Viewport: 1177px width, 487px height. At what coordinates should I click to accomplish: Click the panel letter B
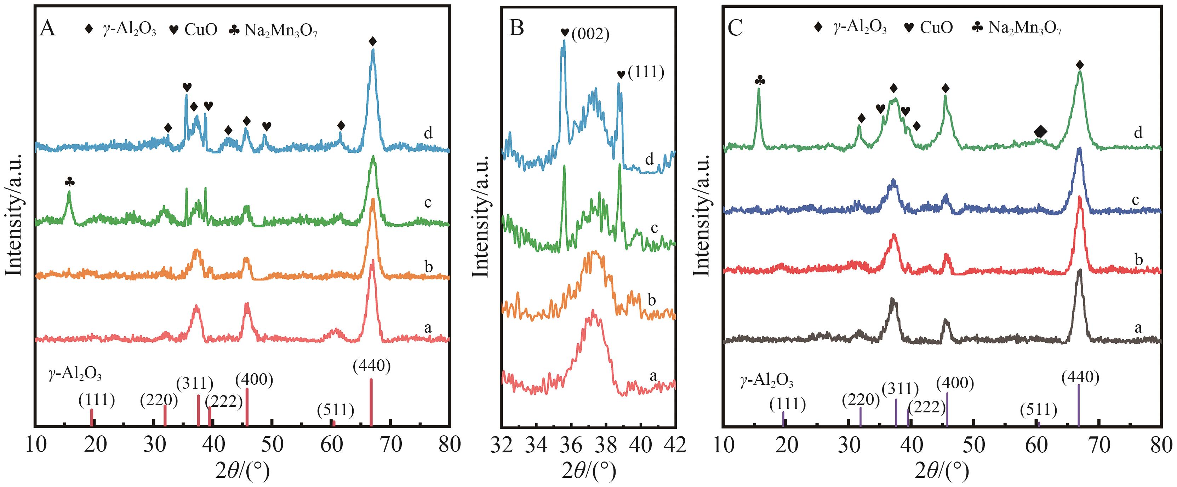pyautogui.click(x=516, y=28)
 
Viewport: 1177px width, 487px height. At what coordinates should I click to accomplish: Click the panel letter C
pyautogui.click(x=735, y=28)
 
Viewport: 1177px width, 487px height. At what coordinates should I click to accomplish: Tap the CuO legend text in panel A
pyautogui.click(x=201, y=30)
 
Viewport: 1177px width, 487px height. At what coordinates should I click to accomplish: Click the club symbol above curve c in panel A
pyautogui.click(x=69, y=182)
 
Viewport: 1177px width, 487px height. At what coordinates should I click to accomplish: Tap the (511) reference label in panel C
pyautogui.click(x=1039, y=410)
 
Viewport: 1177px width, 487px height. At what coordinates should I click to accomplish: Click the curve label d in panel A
pyautogui.click(x=428, y=133)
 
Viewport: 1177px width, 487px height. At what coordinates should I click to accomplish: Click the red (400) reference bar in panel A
pyautogui.click(x=247, y=406)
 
